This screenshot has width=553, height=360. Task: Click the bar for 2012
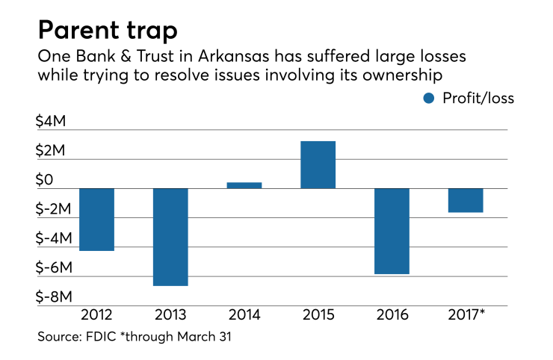(x=96, y=219)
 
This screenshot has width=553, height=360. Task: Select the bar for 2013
(x=170, y=237)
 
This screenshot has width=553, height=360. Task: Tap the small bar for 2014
(x=244, y=184)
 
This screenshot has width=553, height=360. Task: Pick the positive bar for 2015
(x=318, y=164)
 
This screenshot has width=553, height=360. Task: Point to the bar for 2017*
(x=465, y=200)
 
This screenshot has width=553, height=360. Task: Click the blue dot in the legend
(x=427, y=98)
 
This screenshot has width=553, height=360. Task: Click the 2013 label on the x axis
(x=170, y=316)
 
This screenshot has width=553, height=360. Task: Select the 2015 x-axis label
(x=318, y=316)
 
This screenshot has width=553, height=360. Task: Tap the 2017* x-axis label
(x=466, y=316)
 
